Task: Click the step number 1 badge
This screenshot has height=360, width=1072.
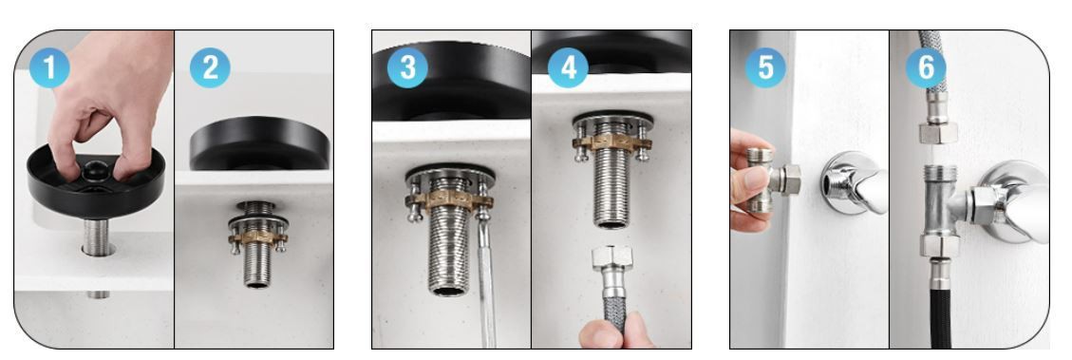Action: click(49, 67)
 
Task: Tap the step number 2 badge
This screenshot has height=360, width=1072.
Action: click(210, 67)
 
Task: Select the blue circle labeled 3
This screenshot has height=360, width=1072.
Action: click(407, 67)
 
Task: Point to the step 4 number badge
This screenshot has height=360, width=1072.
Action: click(568, 67)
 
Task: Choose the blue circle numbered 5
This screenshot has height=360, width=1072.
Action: click(765, 67)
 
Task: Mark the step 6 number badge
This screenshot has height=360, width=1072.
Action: click(926, 67)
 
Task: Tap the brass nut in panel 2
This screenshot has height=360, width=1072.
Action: click(257, 238)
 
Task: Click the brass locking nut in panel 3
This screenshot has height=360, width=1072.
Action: click(449, 200)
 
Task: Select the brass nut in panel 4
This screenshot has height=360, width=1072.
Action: click(611, 143)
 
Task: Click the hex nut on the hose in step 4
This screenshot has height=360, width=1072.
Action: click(611, 258)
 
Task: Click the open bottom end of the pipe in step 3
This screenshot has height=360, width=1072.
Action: click(449, 291)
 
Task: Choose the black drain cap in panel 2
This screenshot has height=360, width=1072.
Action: click(260, 143)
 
